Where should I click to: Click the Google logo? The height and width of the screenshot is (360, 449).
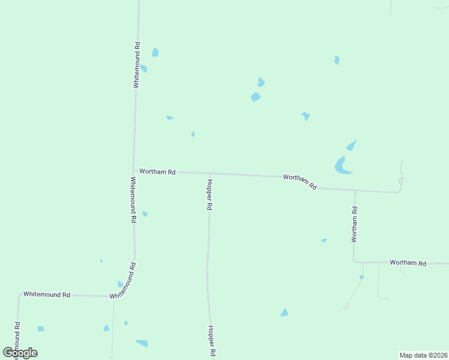coord(20,353)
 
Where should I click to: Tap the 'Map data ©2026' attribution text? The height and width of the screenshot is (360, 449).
coord(423,355)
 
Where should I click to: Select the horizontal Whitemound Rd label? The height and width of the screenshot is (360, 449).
coord(47,295)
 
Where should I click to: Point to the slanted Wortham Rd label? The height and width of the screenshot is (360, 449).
coord(300,181)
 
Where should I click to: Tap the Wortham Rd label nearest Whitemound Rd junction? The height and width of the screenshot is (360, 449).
coord(157,172)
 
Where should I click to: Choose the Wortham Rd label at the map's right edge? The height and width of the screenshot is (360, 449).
coord(408,263)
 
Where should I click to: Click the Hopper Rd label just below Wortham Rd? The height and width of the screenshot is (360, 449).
coord(209,194)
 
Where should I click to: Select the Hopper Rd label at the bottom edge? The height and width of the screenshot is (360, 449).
coord(211,341)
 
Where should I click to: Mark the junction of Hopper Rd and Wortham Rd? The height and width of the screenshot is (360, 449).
coord(210,173)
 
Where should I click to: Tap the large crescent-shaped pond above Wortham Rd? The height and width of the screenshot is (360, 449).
coord(341,166)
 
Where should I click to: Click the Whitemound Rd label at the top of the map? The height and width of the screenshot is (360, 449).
coord(137,65)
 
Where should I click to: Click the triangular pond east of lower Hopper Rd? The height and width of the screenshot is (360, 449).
coord(284,313)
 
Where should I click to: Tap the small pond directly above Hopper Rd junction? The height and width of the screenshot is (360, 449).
coord(193,134)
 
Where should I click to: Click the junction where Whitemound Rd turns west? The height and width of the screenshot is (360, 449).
coord(113,297)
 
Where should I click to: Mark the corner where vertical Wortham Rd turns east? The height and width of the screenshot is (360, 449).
coord(354,262)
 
